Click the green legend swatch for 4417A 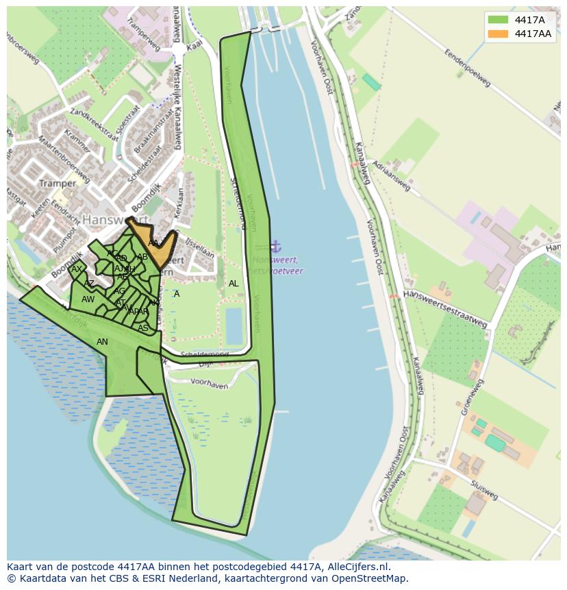(498, 20)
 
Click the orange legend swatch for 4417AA (498, 34)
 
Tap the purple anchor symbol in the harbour (275, 246)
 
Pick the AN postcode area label (102, 342)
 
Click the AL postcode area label (234, 284)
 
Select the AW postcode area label (88, 299)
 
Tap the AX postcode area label (77, 269)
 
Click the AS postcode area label (143, 328)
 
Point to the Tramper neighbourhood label (58, 184)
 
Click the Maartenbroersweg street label (60, 154)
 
